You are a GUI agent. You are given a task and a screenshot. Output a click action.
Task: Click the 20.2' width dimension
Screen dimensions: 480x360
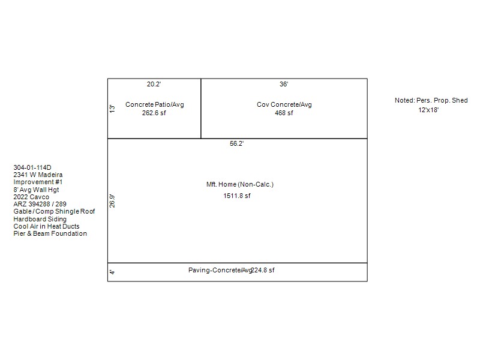154,84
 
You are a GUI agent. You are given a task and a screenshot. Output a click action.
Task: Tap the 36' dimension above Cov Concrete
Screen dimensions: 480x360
284,84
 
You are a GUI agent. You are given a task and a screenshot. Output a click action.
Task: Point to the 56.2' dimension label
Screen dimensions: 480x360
236,143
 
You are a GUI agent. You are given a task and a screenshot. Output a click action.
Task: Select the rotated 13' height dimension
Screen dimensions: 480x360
112,109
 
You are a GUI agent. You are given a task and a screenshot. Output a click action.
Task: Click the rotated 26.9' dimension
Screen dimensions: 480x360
112,201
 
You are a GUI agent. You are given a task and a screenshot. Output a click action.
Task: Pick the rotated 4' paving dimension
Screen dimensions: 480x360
112,272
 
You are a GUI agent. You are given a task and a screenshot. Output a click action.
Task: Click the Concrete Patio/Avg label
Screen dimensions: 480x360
155,104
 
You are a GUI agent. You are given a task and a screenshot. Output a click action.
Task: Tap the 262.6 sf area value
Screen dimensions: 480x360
154,113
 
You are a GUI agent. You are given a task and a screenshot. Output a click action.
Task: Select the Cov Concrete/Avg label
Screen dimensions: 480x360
284,104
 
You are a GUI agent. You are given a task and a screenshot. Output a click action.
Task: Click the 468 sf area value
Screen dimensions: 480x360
284,113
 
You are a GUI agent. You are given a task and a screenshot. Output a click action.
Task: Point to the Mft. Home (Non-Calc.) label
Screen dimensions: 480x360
239,184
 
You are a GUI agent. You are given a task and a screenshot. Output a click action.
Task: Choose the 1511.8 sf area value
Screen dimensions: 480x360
236,196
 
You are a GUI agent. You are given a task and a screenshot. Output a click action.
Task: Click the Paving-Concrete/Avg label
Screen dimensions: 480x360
220,271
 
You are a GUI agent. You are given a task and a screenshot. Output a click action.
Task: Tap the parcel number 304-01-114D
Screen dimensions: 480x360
32,167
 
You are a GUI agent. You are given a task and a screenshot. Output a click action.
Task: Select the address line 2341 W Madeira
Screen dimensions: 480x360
38,175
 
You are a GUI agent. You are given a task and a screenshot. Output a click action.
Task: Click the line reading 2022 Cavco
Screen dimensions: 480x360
31,197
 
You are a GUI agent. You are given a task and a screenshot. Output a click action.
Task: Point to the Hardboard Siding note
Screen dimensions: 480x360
40,219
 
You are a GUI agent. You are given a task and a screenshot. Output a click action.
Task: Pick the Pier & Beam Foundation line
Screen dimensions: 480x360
50,233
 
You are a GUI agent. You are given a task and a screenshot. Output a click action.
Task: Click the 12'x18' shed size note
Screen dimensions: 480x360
428,110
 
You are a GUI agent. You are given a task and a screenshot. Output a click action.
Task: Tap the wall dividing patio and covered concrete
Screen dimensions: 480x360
201,109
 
